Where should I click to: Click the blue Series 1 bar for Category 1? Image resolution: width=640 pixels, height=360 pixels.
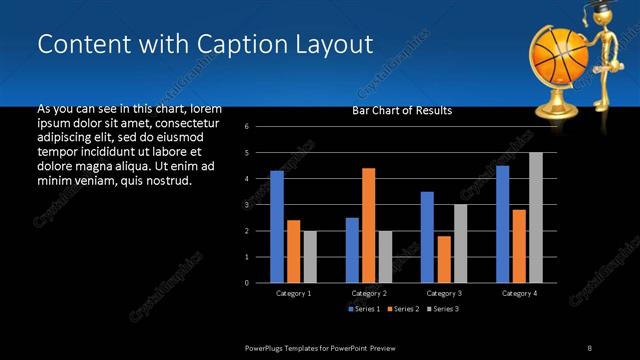pyautogui.click(x=277, y=227)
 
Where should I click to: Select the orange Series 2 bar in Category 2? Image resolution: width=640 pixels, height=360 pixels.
pyautogui.click(x=368, y=225)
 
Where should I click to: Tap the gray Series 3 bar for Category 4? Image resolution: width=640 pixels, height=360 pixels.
pyautogui.click(x=535, y=217)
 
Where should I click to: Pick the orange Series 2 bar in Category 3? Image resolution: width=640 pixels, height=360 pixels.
pyautogui.click(x=443, y=259)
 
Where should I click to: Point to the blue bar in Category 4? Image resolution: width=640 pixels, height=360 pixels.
pyautogui.click(x=502, y=224)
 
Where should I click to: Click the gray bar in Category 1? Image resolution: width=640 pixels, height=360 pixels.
pyautogui.click(x=310, y=256)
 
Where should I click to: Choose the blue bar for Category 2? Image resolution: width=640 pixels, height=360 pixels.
pyautogui.click(x=352, y=250)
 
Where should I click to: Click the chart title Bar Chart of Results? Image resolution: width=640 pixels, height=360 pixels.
pyautogui.click(x=402, y=110)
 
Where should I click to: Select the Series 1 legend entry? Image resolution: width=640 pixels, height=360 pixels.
pyautogui.click(x=364, y=309)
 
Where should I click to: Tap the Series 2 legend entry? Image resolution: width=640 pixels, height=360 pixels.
pyautogui.click(x=402, y=309)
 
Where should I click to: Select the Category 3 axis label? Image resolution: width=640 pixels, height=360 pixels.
pyautogui.click(x=443, y=293)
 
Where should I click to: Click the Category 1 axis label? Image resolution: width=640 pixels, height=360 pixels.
pyautogui.click(x=293, y=293)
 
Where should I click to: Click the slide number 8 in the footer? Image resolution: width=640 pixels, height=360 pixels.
pyautogui.click(x=590, y=346)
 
